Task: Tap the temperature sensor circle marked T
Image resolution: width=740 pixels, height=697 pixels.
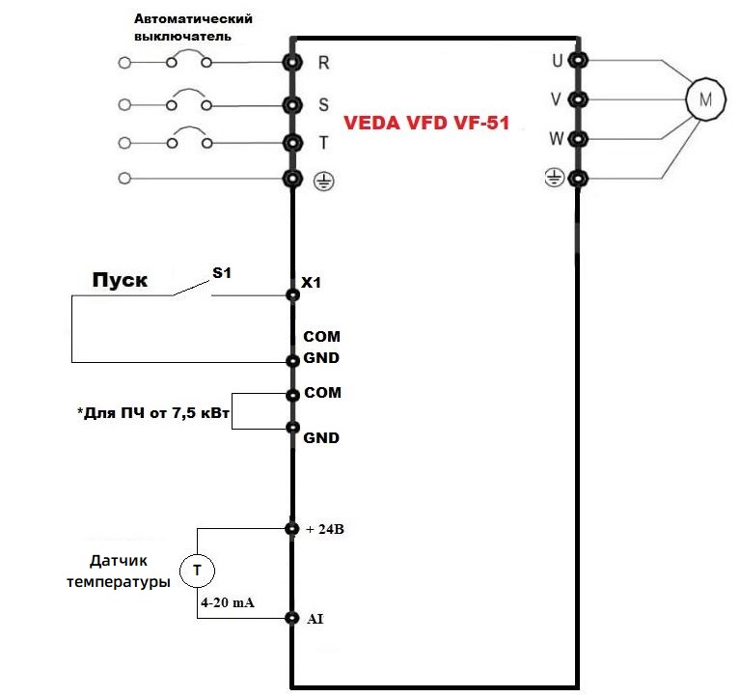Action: coord(197,570)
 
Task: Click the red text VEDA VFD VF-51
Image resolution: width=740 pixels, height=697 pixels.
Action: coord(425,124)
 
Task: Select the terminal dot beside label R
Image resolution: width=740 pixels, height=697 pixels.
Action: coord(291,64)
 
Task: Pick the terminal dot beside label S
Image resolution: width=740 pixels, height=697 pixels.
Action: coord(291,104)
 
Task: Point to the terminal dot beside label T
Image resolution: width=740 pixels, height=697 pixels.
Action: coord(291,143)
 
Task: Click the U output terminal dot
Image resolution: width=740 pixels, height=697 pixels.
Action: coord(577,60)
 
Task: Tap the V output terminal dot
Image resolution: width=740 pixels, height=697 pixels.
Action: coord(577,98)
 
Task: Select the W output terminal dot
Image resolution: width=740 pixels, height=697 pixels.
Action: coord(577,138)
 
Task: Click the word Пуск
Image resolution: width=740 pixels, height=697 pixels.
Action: coord(120,280)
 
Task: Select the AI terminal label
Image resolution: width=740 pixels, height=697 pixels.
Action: coord(315,618)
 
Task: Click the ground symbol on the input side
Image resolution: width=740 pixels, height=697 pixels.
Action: coord(324,181)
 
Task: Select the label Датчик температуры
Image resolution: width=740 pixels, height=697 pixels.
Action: coord(118,571)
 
